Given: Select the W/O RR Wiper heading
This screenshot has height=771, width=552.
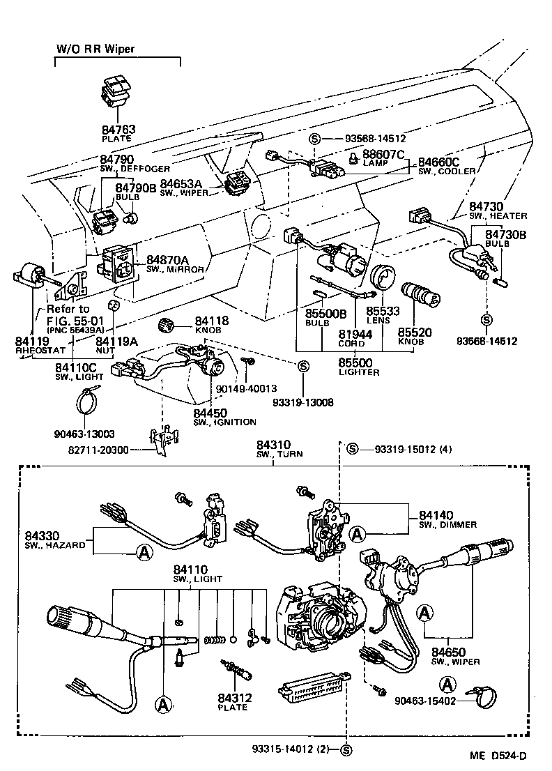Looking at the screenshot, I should click(95, 49).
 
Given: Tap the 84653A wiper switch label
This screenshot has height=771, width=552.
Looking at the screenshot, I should click(181, 183).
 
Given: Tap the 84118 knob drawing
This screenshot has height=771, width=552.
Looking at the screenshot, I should click(166, 324).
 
